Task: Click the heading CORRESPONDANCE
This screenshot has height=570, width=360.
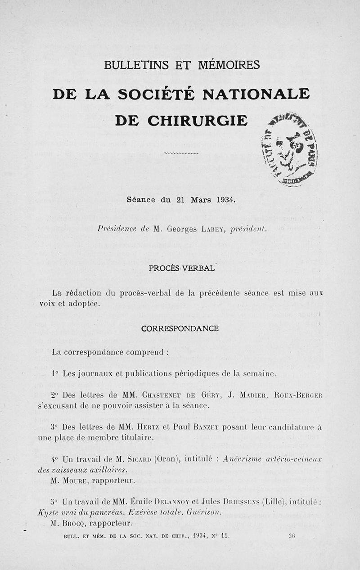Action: point(180,328)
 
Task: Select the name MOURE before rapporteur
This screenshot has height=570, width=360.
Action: point(73,480)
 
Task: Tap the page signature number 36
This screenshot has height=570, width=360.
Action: point(292,536)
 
